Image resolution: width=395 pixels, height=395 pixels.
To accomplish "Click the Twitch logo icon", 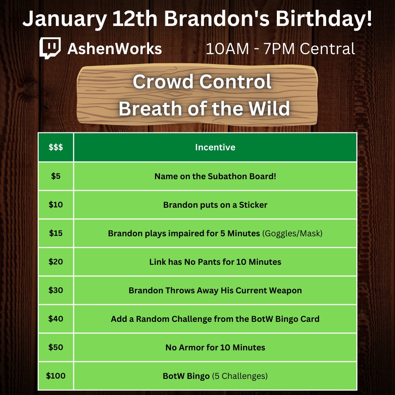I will point(50,48).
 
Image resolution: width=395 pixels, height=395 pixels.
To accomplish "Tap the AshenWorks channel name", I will point(114,49).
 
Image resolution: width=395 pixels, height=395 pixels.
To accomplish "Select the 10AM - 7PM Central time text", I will point(280,49).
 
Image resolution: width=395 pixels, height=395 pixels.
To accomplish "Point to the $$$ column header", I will point(56,147).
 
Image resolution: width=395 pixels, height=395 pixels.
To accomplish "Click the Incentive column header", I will point(215,147).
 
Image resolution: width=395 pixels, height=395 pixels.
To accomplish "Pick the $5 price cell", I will point(56,176).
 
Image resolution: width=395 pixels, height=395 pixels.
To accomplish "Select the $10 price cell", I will point(56,204).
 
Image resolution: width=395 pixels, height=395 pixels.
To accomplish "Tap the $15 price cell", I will point(56,233).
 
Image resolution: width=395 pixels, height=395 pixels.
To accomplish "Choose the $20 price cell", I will point(56,262).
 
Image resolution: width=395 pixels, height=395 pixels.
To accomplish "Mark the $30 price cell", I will point(56,290).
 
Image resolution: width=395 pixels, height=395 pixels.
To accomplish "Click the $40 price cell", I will point(56,319).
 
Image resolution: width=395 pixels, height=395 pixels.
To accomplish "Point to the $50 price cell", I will point(56,347).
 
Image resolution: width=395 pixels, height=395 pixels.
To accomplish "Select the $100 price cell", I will point(56,376).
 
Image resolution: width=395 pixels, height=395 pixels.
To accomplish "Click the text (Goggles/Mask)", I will point(292,233).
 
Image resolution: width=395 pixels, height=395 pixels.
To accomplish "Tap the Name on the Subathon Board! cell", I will point(215,176).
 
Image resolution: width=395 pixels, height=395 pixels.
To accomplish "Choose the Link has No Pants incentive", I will point(215,262).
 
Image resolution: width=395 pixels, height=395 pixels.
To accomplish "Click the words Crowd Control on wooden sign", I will point(202,82).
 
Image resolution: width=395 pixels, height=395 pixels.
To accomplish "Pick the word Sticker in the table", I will point(253,205).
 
